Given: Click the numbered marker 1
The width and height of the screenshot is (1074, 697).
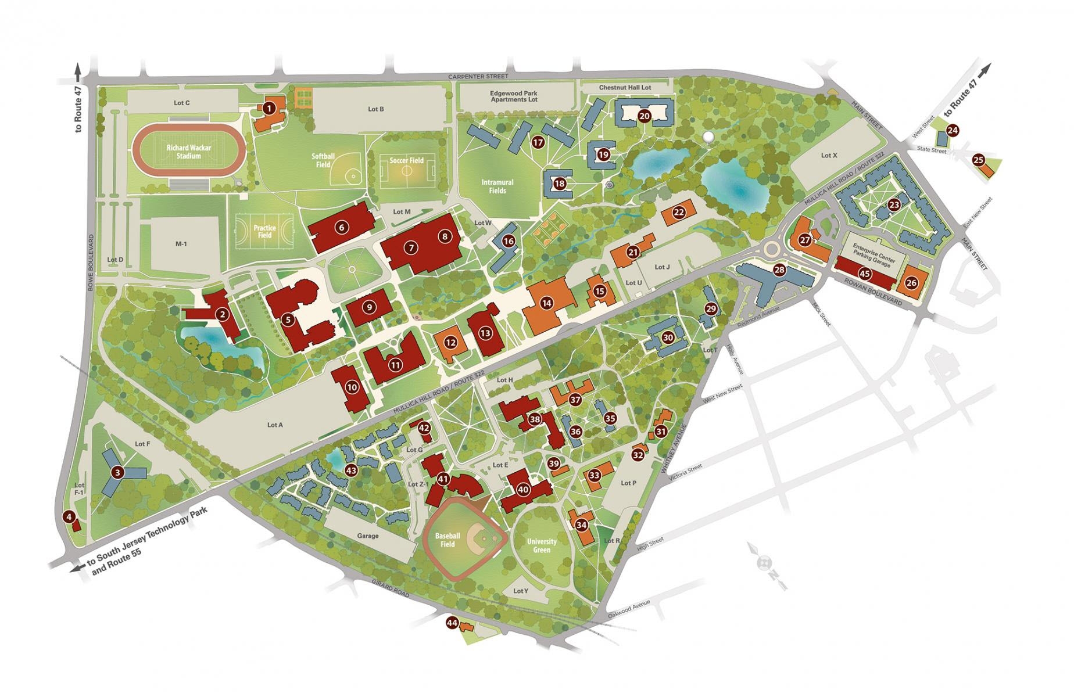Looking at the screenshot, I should point(268,107).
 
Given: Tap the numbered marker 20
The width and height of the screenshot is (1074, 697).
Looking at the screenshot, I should point(644,116).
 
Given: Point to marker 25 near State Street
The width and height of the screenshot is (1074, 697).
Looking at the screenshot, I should point(978,160).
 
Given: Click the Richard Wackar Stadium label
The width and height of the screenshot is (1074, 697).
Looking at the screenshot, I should point(189,152).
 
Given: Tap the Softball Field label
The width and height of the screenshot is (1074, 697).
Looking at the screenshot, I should point(324,160).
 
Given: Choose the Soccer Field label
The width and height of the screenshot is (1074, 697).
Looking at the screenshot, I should point(407,160).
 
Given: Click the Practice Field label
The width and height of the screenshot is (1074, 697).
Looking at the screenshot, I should point(264,231).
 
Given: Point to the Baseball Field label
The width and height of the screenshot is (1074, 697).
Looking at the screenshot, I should point(448,540).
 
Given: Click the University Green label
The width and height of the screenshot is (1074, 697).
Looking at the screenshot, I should point(542,545).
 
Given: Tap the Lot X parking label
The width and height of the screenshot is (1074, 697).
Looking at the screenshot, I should point(829,156).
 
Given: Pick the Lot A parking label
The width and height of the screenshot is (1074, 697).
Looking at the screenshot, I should point(275,425).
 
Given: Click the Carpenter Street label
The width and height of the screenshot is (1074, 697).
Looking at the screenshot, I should point(478,76).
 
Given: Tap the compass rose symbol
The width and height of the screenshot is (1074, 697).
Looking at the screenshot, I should point(765,562).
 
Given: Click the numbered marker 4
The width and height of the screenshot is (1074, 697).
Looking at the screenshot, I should point(69,517).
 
